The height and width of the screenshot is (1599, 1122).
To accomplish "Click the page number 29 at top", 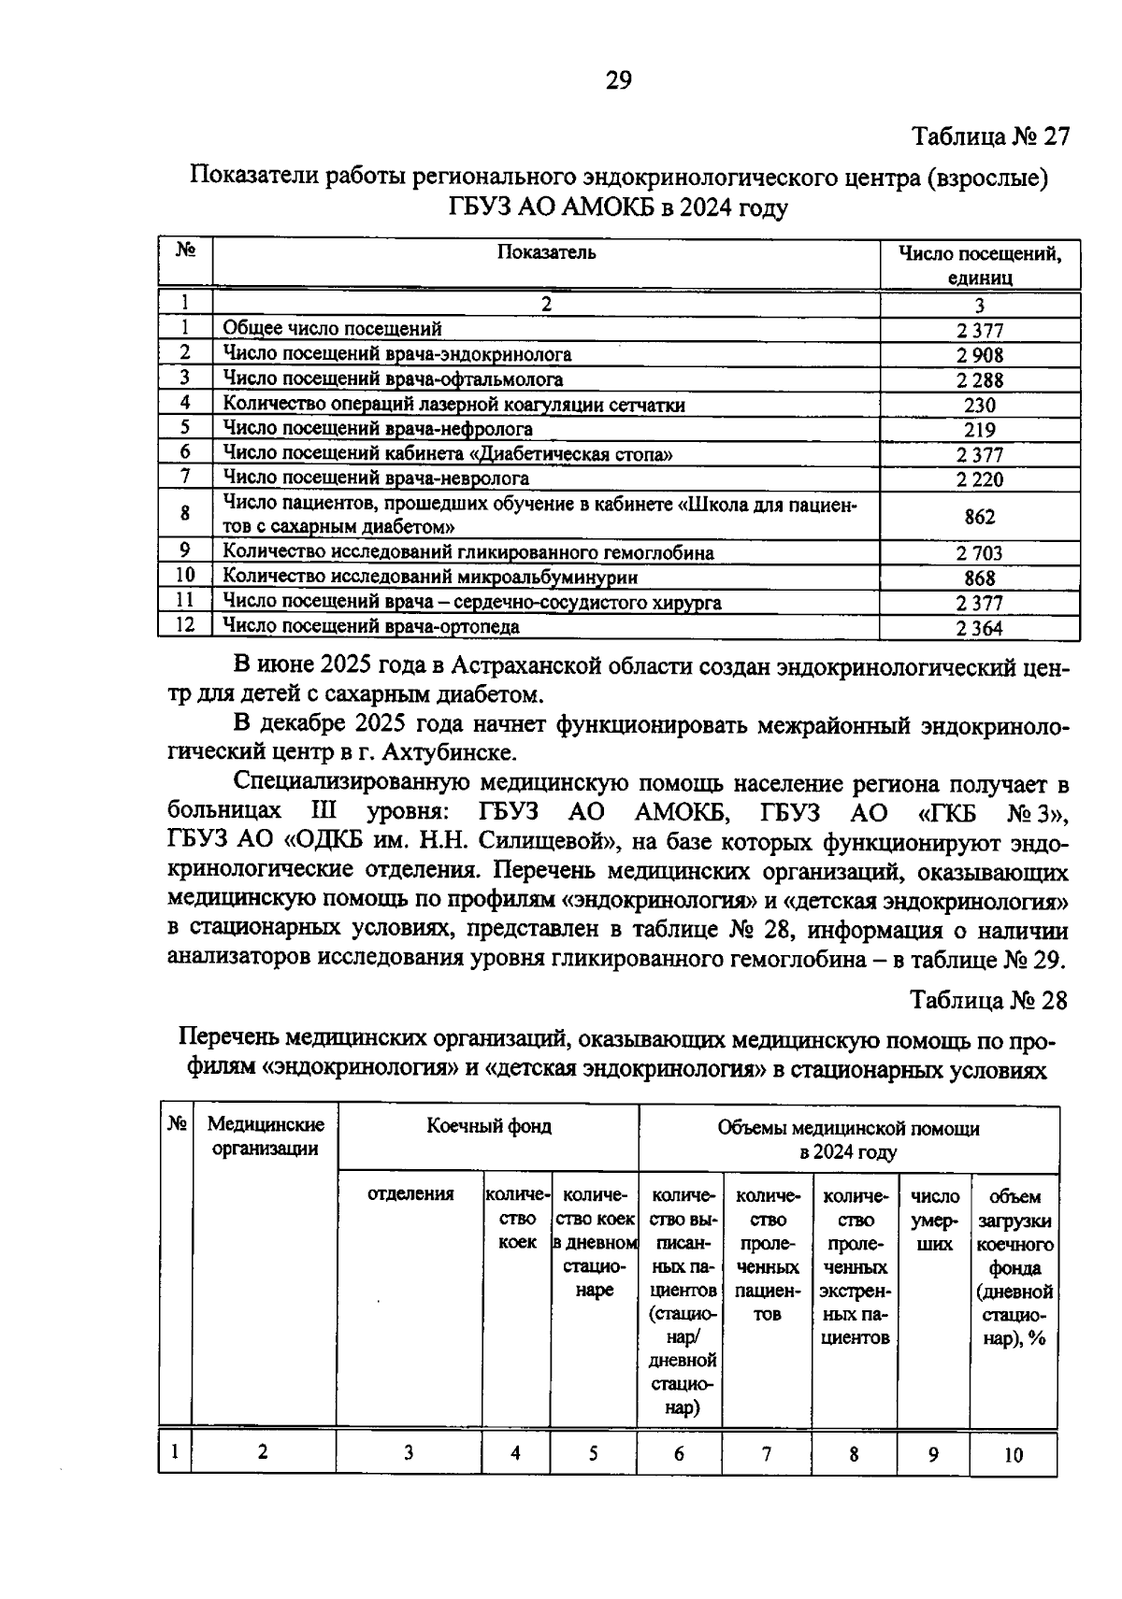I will pyautogui.click(x=618, y=81).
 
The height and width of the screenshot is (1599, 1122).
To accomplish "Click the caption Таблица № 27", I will pyautogui.click(x=990, y=136).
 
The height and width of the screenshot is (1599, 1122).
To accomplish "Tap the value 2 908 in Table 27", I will pyautogui.click(x=979, y=355).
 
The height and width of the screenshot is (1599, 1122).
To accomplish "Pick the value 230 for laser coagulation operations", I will pyautogui.click(x=979, y=405).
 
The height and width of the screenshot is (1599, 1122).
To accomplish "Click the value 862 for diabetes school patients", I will pyautogui.click(x=979, y=517).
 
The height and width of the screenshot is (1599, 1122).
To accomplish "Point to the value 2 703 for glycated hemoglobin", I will pyautogui.click(x=979, y=553).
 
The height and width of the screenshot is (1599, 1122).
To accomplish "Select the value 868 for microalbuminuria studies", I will pyautogui.click(x=979, y=578).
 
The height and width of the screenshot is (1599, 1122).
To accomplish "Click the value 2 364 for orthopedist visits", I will pyautogui.click(x=979, y=628).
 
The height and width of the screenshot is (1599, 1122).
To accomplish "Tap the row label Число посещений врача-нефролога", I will pyautogui.click(x=378, y=429).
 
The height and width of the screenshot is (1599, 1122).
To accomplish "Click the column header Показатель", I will pyautogui.click(x=546, y=252).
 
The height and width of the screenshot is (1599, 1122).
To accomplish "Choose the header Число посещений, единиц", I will pyautogui.click(x=979, y=264).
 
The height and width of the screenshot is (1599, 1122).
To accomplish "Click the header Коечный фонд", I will pyautogui.click(x=489, y=1126).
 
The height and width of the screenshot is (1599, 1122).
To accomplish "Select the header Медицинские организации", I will pyautogui.click(x=266, y=1136).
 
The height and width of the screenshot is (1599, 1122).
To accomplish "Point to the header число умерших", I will pyautogui.click(x=934, y=1220).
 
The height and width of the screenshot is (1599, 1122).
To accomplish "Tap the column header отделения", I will pyautogui.click(x=410, y=1194).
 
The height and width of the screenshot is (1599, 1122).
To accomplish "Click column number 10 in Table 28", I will pyautogui.click(x=1014, y=1455).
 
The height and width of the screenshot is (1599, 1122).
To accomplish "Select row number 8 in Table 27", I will pyautogui.click(x=185, y=513).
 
